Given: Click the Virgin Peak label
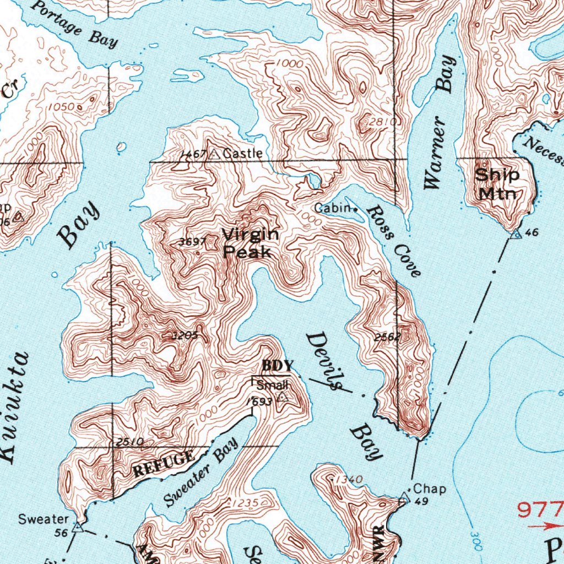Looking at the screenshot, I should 250,243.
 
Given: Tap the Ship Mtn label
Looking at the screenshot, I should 497,184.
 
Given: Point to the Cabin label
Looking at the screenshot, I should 333,208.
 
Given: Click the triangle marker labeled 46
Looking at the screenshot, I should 516,235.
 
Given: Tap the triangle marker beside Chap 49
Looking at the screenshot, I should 404,499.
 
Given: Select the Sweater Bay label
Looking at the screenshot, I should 201,472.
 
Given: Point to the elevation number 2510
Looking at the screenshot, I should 130,441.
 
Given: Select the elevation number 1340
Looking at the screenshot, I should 348,480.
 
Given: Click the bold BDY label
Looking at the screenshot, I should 275,365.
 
